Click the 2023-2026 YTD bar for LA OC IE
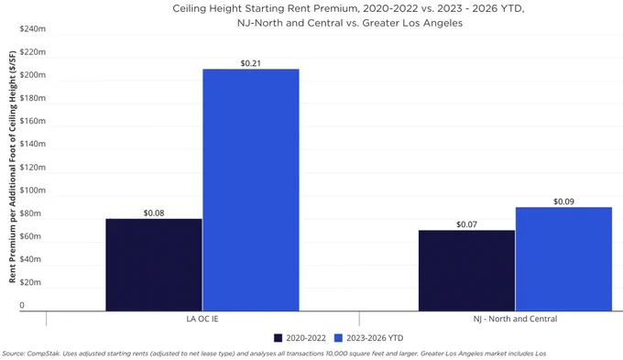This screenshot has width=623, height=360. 251,190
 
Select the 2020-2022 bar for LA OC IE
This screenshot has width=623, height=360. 154,265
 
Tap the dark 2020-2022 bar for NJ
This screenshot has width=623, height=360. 466,270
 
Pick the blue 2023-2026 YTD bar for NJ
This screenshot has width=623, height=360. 563,259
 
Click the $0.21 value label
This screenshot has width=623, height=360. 251,63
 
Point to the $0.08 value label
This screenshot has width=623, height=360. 154,213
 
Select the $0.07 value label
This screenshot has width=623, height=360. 466,224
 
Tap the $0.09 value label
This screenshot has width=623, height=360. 563,202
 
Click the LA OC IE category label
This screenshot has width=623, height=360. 202,319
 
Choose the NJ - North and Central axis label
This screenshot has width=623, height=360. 515,319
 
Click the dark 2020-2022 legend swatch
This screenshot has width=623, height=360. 279,338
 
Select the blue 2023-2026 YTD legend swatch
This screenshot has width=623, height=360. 338,338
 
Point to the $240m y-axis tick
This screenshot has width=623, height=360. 33,28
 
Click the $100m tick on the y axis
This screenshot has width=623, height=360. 33,190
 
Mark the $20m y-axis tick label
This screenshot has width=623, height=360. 30,282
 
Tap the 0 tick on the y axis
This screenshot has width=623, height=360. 22,305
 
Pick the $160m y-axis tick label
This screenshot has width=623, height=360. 33,121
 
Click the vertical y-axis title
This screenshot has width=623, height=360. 12,167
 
